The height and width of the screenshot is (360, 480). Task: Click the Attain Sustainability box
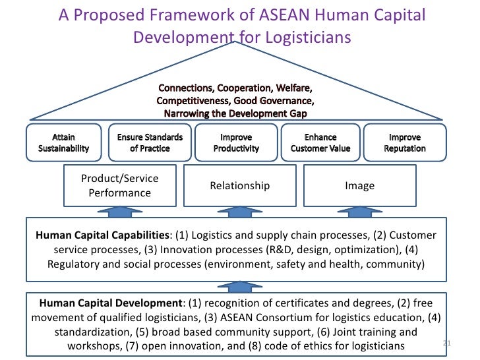(x=63, y=143)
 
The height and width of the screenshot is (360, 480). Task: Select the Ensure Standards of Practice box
(x=150, y=143)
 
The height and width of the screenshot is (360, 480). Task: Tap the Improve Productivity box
(x=235, y=143)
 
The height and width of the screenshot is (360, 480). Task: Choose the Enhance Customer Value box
(x=320, y=143)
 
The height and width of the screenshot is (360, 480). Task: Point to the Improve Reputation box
(x=405, y=143)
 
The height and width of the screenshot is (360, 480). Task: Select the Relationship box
(x=239, y=185)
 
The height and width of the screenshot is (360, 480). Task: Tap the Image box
(x=359, y=185)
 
